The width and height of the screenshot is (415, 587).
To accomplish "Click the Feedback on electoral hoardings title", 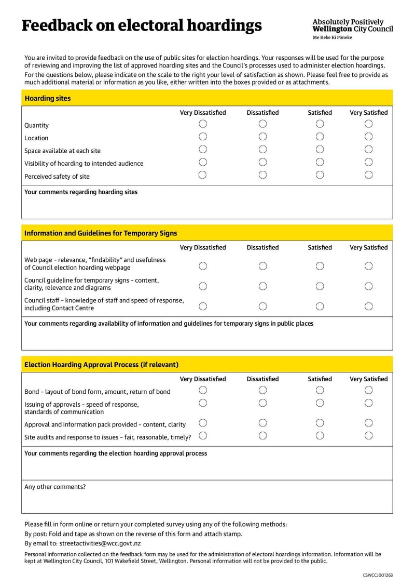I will point(141,25).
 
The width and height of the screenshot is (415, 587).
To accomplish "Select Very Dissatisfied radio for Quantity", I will point(203,124).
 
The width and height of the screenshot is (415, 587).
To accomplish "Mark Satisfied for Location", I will point(320,137).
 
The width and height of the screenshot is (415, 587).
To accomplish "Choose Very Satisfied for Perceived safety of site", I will point(368,175).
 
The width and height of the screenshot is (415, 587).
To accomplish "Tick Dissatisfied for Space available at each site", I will point(262,150).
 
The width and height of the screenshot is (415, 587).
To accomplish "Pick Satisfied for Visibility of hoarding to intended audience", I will point(320,162).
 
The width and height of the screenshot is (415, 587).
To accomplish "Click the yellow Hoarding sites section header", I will point(207,98).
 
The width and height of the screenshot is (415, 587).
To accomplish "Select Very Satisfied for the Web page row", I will point(368,266).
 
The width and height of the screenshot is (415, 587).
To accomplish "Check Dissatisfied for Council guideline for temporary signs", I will point(262,286).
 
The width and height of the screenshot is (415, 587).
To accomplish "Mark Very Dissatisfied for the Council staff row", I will point(203,306).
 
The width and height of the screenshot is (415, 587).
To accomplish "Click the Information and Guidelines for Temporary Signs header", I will point(207,233).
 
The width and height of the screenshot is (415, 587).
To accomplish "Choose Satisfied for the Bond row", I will point(320,390).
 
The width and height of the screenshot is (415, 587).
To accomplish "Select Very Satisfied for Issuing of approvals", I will point(368,403).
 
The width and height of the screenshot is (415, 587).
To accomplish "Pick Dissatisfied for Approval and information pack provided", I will point(262,423).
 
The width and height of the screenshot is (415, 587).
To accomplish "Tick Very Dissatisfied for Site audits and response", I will point(203,436).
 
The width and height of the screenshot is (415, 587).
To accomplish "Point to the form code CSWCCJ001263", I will point(378,575).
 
